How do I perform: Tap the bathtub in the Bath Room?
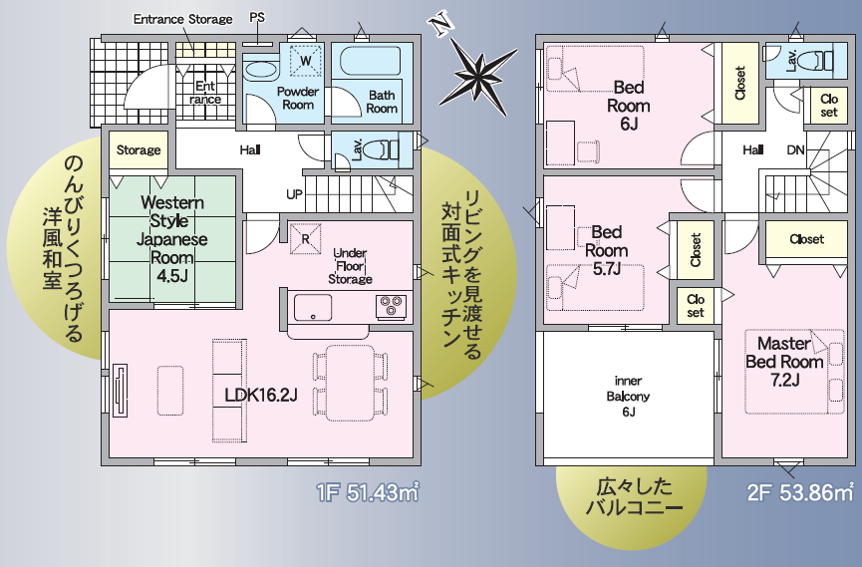[x=370, y=61]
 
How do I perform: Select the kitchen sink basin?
[x=313, y=308]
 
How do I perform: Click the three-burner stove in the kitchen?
[x=391, y=306]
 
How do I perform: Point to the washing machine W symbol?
[x=305, y=60]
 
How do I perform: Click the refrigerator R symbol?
[x=305, y=239]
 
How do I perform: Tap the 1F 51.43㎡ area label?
[x=368, y=492]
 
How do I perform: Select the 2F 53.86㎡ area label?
[x=799, y=492]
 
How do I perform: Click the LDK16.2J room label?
[x=261, y=395]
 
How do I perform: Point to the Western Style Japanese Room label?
[x=172, y=239]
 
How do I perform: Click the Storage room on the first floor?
[x=139, y=150]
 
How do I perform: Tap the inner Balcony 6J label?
[x=629, y=396]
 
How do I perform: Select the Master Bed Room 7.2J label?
[x=784, y=362]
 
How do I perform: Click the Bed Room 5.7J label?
[x=606, y=250]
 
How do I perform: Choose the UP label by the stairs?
[x=294, y=194]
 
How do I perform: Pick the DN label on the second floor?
[x=795, y=149]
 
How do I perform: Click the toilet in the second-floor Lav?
[x=820, y=60]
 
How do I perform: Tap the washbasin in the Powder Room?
[x=260, y=72]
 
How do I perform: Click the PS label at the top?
[x=257, y=17]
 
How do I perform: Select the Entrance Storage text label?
[x=183, y=19]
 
